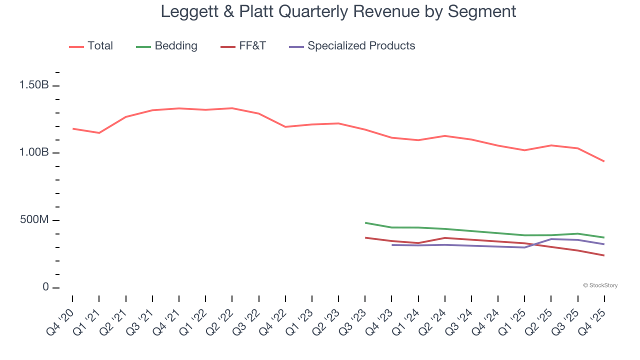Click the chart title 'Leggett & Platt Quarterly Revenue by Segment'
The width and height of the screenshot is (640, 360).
[338, 11]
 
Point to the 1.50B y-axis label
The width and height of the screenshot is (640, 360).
[34, 85]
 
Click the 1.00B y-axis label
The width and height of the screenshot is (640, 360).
[34, 152]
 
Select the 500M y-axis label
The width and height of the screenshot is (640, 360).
[34, 220]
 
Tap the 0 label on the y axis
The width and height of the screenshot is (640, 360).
[45, 287]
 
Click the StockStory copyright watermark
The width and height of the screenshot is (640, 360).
[600, 285]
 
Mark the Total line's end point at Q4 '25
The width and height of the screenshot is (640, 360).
[604, 161]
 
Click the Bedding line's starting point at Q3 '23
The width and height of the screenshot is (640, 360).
[365, 222]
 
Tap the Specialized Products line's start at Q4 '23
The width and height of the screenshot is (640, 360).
[392, 245]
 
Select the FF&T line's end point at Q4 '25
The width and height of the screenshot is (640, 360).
[604, 255]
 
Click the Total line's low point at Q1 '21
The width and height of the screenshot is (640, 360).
[99, 133]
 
